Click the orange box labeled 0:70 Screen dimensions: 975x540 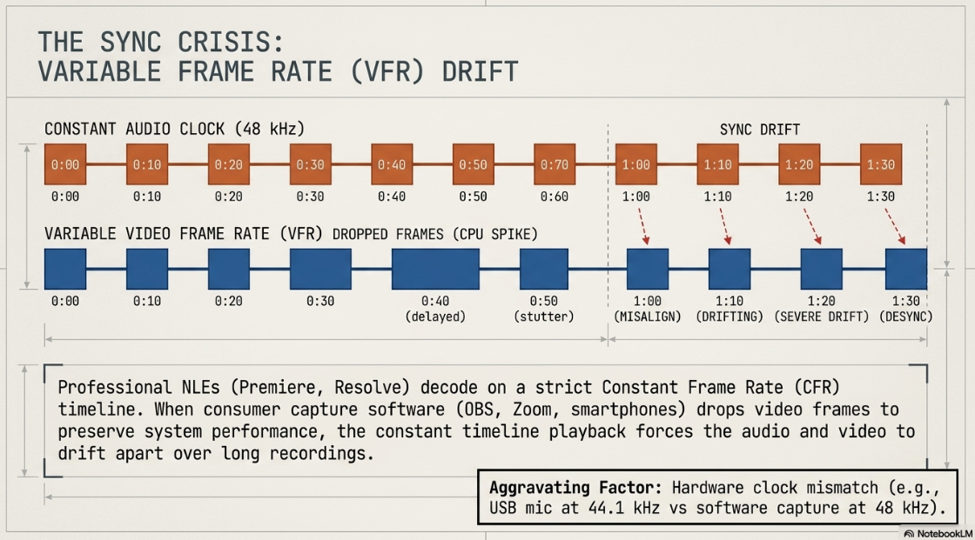554,164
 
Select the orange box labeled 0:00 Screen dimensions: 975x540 65,164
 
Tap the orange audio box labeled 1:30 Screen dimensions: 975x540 880,164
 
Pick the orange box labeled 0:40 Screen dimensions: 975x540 392,164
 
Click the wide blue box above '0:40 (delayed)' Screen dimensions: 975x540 435,269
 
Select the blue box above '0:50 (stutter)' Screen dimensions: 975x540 544,269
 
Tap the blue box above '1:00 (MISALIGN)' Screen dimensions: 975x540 648,269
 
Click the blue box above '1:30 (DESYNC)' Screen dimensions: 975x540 906,269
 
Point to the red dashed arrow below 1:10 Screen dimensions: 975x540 724,226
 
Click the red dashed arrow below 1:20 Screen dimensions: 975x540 812,226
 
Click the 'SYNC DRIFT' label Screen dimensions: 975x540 760,130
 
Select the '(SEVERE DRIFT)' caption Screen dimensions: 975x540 822,317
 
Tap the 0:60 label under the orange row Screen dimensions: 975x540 554,197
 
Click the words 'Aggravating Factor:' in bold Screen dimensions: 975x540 575,488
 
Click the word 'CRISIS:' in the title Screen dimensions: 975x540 231,43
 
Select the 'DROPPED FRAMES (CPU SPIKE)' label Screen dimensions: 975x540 435,235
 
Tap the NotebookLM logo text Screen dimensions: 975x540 945,534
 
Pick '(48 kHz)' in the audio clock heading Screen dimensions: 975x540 270,130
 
